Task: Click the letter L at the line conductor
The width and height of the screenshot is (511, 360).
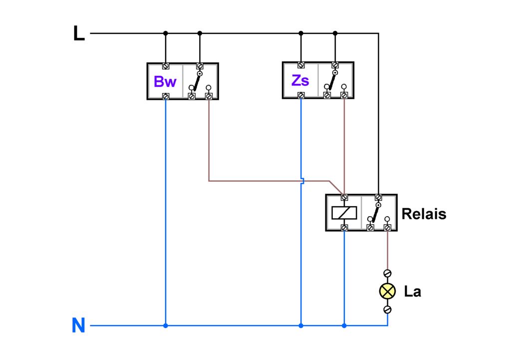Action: point(79,33)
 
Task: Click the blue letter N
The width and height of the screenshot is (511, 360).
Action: point(78,326)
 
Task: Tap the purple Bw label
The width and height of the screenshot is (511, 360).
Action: point(165,81)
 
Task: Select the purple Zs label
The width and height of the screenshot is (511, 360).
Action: point(300,80)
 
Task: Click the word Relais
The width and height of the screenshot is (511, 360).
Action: point(424,214)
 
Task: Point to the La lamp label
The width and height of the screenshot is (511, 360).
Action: point(413,292)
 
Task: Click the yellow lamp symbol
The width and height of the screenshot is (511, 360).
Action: point(387,291)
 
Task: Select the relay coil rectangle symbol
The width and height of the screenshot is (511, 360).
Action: point(344,213)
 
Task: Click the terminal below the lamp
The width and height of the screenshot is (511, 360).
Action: point(387,310)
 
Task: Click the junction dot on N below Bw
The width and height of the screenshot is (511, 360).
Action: point(165,326)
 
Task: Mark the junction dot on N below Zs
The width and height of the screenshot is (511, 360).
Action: point(301,326)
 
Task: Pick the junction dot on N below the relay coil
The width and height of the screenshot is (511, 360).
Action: point(344,326)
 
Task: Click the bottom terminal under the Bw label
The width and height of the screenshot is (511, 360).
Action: point(166,96)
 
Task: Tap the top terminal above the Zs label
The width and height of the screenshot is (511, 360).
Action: point(301,65)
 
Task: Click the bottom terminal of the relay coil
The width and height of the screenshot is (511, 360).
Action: point(344,228)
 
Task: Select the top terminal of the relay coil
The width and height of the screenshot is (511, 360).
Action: point(344,197)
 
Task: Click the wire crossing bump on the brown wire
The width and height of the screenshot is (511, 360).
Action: point(301,180)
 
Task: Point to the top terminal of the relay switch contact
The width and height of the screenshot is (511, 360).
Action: point(378,197)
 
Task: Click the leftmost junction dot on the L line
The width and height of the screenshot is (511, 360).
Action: point(165,33)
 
